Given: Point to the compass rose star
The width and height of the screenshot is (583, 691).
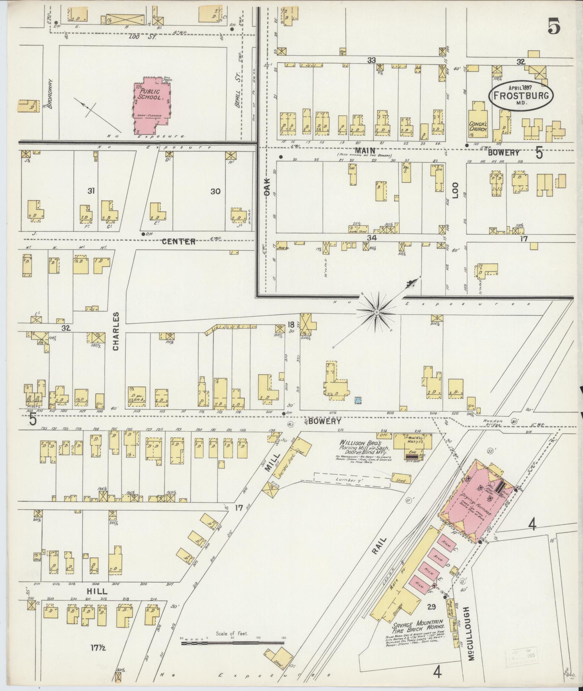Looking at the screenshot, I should [x=376, y=311].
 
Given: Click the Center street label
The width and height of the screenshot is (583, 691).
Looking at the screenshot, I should [x=179, y=242].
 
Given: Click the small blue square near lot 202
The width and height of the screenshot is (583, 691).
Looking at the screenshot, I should [x=358, y=400].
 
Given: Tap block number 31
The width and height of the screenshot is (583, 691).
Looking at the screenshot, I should [x=91, y=191].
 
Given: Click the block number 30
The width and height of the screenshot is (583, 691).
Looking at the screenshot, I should [x=215, y=191].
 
